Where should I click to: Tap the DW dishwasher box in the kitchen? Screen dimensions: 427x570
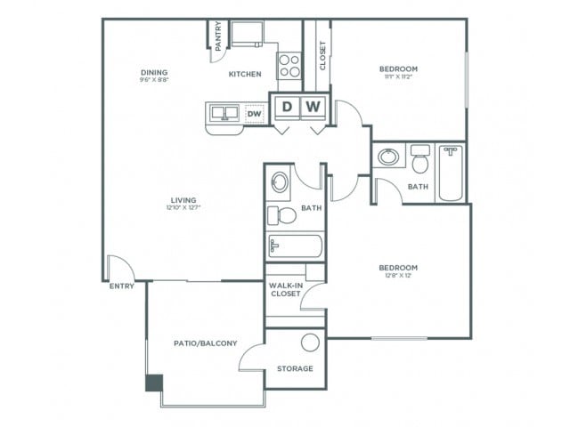coord(254,114)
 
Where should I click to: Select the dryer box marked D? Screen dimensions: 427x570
coord(286,108)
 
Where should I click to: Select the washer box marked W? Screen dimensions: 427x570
coord(313,108)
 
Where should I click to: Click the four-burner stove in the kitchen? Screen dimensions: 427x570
coord(289,63)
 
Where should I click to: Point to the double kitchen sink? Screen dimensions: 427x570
coord(224,113)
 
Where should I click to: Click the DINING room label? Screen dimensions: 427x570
coord(154,73)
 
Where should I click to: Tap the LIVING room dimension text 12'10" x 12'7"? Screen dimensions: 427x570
coord(184,209)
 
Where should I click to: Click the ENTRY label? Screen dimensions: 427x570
coord(121,286)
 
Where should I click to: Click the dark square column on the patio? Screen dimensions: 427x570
coord(154,383)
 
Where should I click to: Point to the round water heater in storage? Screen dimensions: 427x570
coord(309,342)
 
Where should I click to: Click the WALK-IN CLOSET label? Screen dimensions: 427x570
coord(285,289)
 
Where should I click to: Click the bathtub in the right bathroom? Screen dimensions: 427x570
coord(451,173)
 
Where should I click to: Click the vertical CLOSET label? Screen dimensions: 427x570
coord(322,56)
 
